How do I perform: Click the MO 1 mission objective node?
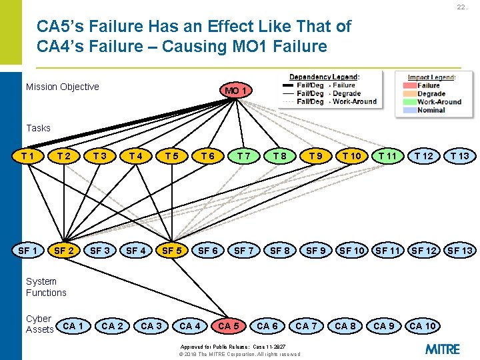237,91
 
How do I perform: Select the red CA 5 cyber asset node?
229,326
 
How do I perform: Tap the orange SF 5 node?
172,251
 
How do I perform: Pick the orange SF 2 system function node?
64,251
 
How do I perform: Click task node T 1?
28,156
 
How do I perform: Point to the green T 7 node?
244,156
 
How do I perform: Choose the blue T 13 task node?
459,156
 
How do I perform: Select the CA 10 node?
423,326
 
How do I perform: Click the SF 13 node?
459,251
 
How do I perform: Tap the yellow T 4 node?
136,156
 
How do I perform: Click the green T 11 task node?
387,156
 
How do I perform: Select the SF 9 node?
316,251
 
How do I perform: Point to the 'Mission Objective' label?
62,87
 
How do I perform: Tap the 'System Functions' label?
46,287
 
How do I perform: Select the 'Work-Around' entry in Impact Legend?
439,102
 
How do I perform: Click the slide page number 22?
462,7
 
